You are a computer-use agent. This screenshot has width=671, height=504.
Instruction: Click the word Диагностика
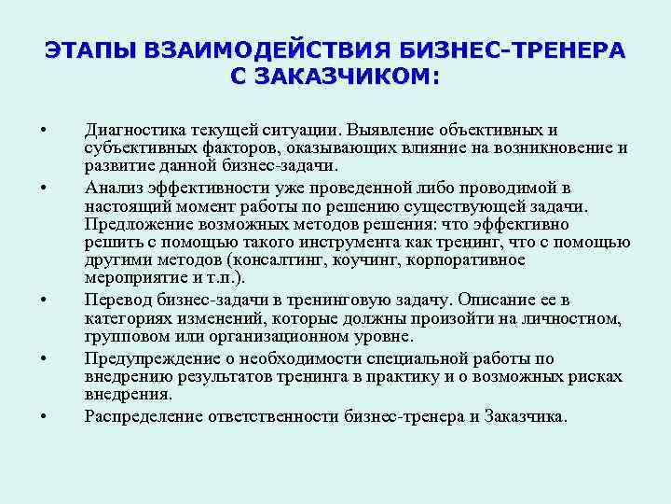[x=132, y=130]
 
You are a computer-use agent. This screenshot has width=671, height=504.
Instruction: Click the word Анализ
[x=109, y=187]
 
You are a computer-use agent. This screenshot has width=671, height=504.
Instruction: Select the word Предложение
[x=133, y=224]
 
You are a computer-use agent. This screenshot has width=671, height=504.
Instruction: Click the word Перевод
[x=116, y=300]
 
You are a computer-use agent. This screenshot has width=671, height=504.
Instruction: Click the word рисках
[x=598, y=376]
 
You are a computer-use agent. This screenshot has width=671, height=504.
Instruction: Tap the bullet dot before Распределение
[x=44, y=415]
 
